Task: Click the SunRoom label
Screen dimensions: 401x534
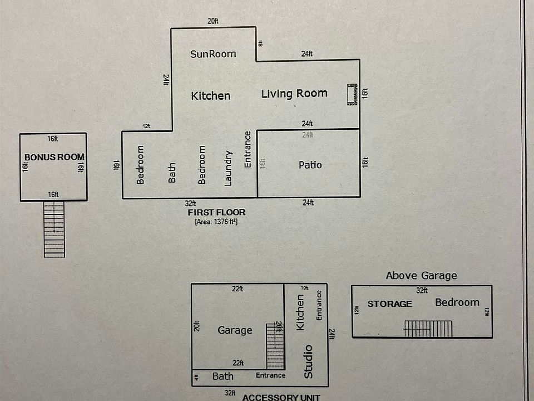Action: [x=213, y=54]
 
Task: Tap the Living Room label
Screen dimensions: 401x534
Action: [x=294, y=94]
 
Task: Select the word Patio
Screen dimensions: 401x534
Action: [x=310, y=165]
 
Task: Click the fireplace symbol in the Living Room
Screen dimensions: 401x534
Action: [x=352, y=94]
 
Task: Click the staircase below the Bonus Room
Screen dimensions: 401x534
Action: [x=54, y=229]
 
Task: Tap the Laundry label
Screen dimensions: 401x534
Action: [x=228, y=168]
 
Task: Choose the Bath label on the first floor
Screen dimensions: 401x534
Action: [x=172, y=173]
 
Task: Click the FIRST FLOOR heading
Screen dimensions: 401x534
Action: [x=216, y=213]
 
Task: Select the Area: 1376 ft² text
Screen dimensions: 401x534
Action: [x=216, y=222]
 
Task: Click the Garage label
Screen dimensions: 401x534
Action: [x=235, y=330]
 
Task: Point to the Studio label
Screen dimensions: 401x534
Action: [x=308, y=361]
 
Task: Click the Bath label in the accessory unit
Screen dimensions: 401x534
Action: [x=222, y=376]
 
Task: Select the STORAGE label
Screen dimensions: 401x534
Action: [x=389, y=304]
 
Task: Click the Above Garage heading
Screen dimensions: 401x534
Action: [x=421, y=275]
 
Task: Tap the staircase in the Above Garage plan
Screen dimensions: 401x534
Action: [x=428, y=329]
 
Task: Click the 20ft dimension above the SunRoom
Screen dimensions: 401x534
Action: [x=212, y=22]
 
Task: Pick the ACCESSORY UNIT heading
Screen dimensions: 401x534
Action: [x=281, y=397]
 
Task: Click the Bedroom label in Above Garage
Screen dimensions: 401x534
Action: [x=457, y=302]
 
